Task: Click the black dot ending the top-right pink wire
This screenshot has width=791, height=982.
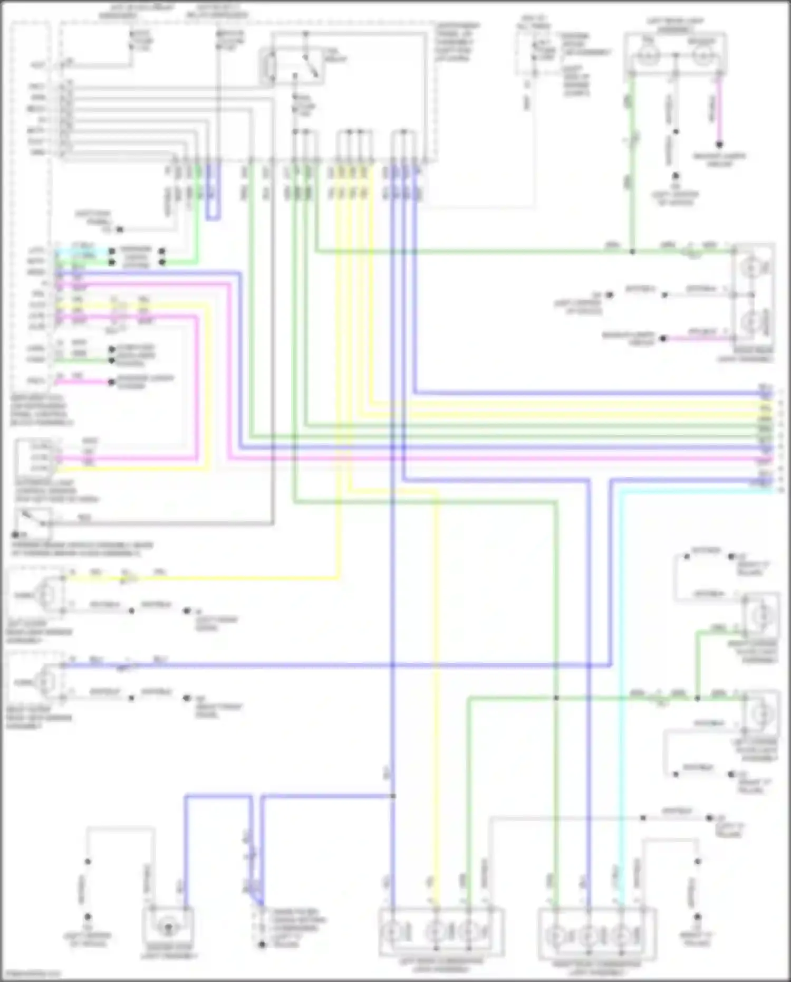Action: [719, 144]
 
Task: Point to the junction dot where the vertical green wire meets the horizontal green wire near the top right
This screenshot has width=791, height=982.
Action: [632, 251]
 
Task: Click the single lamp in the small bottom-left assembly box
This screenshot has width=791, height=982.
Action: [168, 927]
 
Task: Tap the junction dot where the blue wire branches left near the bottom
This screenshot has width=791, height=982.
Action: [393, 796]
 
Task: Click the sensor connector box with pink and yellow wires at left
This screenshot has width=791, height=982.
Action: [34, 457]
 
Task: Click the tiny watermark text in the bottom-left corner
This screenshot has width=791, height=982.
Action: [29, 974]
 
